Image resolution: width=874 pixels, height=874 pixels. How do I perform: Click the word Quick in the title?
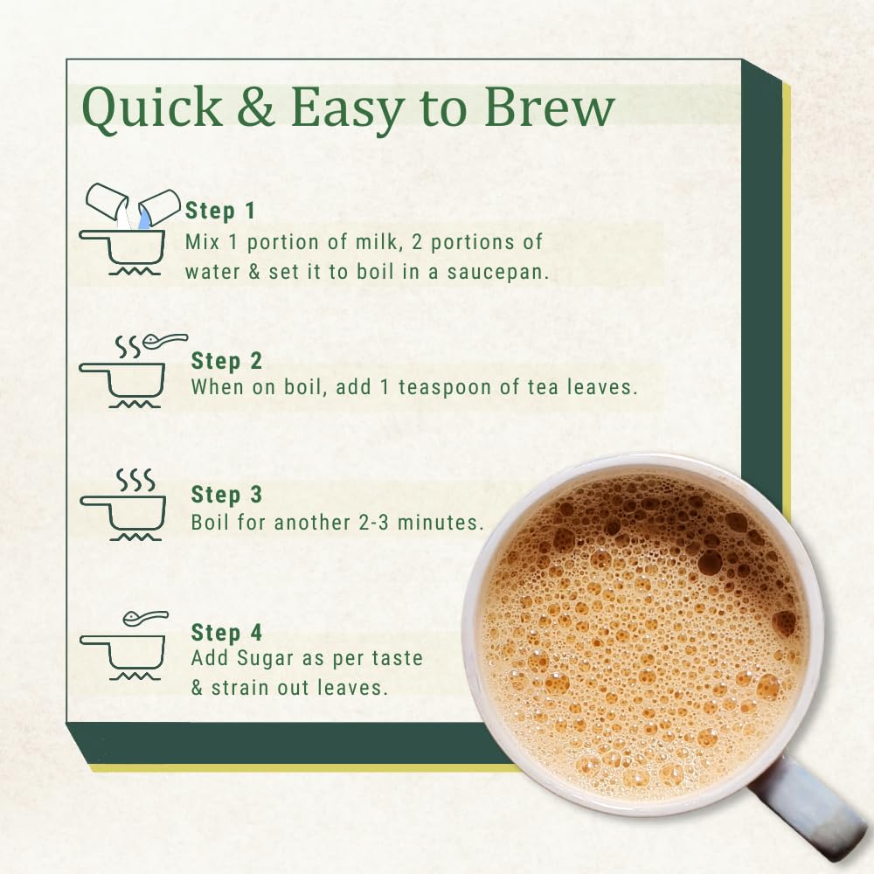pos(151,108)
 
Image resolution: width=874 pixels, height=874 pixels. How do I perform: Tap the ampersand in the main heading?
pos(256,107)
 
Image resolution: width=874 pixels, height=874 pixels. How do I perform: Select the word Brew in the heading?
pos(549,107)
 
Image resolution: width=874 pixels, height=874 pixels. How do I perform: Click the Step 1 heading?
pos(220,211)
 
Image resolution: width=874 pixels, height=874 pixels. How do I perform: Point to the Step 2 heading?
pos(226,361)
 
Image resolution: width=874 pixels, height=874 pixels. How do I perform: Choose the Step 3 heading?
pos(226,495)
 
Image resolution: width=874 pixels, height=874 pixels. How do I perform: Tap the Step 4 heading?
pos(226,632)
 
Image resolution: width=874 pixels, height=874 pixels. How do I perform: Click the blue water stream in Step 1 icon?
pos(144,218)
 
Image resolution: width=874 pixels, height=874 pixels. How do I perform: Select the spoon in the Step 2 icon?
pos(165,339)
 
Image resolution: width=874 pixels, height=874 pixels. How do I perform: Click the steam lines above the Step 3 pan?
pos(135,480)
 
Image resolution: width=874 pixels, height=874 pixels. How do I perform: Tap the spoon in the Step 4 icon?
pos(145,617)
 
